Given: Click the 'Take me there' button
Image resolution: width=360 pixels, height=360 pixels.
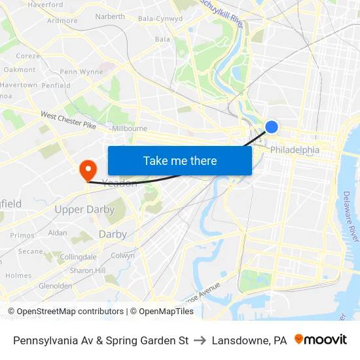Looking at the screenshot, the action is [180, 160].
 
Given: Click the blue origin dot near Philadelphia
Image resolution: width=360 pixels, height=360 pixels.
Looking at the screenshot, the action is [272, 127].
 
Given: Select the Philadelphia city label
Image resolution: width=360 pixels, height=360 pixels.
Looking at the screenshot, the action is [295, 150].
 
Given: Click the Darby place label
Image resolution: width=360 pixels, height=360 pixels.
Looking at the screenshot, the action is [113, 234].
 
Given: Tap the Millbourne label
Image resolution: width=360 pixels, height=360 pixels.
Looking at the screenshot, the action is [130, 129].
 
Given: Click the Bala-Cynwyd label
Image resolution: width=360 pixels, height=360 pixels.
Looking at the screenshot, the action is [160, 19].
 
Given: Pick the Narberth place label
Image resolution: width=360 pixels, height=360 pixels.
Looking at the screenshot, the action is [110, 17].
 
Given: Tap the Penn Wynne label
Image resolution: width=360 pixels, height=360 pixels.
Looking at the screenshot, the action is [81, 72].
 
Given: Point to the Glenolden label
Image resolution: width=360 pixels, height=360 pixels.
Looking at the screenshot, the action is [56, 286].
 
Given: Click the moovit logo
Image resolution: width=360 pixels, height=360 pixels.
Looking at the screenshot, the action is [321, 340].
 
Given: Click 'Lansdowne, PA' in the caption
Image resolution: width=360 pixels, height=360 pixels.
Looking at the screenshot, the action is [249, 340].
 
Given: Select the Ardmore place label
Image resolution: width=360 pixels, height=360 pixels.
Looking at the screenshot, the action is [62, 21].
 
